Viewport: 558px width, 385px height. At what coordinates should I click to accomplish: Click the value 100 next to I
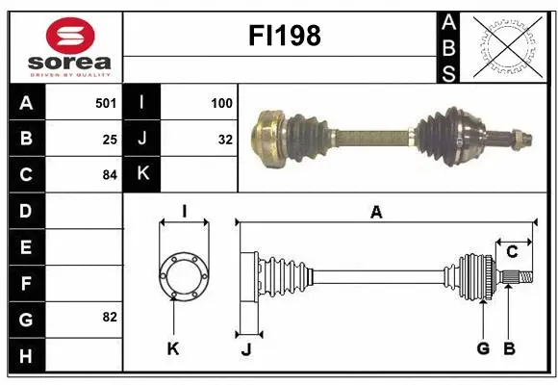pyautogui.click(x=220, y=102)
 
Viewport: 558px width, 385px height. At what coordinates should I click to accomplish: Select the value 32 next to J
pyautogui.click(x=224, y=139)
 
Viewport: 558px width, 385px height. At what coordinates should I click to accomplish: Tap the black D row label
pyautogui.click(x=25, y=211)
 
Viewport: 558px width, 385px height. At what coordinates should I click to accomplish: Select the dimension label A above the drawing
pyautogui.click(x=376, y=214)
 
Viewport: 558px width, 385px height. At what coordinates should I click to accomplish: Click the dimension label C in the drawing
pyautogui.click(x=512, y=252)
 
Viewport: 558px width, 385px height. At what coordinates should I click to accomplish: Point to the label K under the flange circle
pyautogui.click(x=173, y=348)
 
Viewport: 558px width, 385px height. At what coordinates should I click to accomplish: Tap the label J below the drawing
pyautogui.click(x=246, y=349)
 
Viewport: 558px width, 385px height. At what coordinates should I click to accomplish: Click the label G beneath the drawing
pyautogui.click(x=483, y=348)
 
